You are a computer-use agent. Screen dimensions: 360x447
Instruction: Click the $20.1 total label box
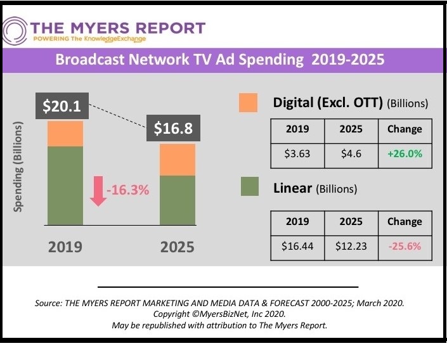(x=62, y=106)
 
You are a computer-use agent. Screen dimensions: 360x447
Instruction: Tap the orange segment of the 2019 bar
(x=65, y=134)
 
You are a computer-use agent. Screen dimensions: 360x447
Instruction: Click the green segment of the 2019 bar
(x=65, y=185)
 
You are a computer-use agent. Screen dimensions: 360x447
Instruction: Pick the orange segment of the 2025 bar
(x=178, y=160)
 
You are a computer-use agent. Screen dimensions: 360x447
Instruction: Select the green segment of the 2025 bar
(x=178, y=200)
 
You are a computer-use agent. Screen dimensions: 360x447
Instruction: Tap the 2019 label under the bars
(x=65, y=246)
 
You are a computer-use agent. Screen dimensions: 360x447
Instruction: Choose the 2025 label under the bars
(x=178, y=246)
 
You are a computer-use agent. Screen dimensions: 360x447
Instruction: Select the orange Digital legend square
(x=248, y=103)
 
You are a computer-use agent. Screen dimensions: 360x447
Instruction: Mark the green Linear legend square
(x=248, y=188)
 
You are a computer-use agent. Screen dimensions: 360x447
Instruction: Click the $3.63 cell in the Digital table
(x=297, y=154)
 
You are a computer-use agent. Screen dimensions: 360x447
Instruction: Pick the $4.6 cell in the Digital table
(x=351, y=154)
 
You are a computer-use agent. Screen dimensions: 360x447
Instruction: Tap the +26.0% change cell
(x=404, y=154)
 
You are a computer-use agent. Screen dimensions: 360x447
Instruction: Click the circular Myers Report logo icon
(x=14, y=30)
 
